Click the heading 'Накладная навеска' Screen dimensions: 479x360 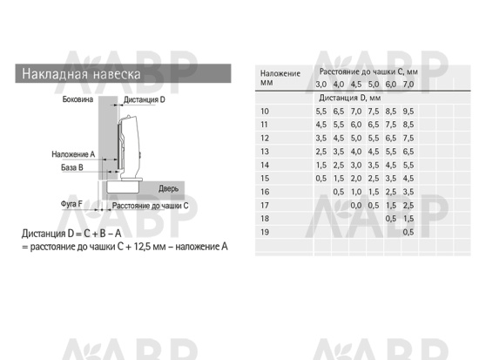coord(81,74)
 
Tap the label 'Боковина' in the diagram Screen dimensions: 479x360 coord(78,99)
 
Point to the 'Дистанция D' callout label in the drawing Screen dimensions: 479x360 coord(145,99)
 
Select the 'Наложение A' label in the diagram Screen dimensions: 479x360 coord(73,154)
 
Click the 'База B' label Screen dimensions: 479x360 coord(72,167)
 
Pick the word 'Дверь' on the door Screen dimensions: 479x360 coord(168,188)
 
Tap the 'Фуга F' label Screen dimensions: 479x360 coord(71,204)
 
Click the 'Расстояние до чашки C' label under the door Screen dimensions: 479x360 coord(150,206)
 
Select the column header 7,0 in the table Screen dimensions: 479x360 coord(408,84)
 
